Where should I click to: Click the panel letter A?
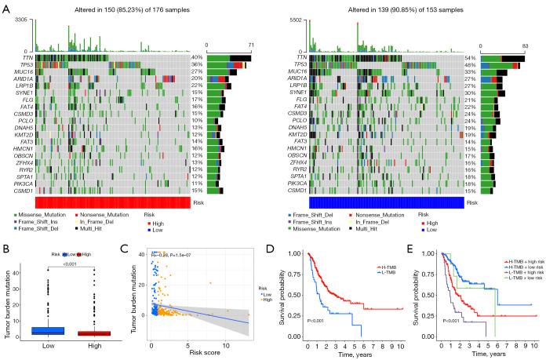click(5, 6)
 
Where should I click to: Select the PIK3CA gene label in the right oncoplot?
click(295, 182)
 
